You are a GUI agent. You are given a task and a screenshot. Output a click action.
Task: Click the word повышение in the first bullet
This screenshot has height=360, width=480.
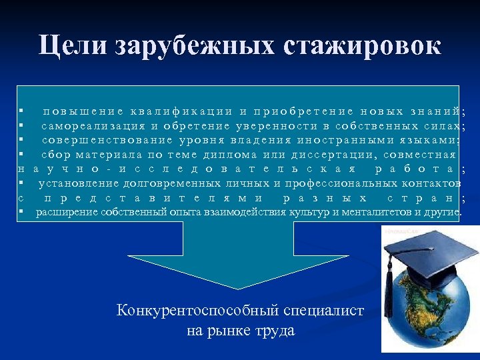coord(83,111)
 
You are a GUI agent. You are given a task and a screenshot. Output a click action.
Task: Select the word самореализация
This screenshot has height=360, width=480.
coord(93,125)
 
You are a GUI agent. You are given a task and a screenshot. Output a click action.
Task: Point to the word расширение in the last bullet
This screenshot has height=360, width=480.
coord(67,212)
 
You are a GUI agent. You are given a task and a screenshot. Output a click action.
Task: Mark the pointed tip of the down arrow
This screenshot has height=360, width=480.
coord(239,288)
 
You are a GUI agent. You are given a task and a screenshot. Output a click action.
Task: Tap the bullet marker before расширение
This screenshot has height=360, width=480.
coord(21,212)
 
